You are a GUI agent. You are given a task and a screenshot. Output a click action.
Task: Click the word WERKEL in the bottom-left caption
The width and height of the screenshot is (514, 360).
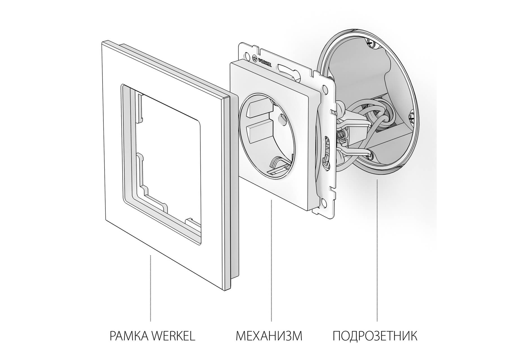pyautogui.click(x=173, y=336)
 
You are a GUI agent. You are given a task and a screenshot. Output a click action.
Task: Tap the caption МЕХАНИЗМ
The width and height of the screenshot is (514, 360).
pyautogui.click(x=269, y=336)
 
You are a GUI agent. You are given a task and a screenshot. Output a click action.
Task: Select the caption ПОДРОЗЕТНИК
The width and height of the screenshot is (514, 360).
pyautogui.click(x=375, y=336)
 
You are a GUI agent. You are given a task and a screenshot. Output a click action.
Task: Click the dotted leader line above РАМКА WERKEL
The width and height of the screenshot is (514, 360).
pyautogui.click(x=151, y=288)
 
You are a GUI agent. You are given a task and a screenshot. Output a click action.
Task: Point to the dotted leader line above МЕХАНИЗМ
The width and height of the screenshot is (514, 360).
pyautogui.click(x=271, y=260)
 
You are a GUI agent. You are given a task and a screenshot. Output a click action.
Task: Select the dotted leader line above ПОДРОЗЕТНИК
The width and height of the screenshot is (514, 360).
pyautogui.click(x=377, y=250)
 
